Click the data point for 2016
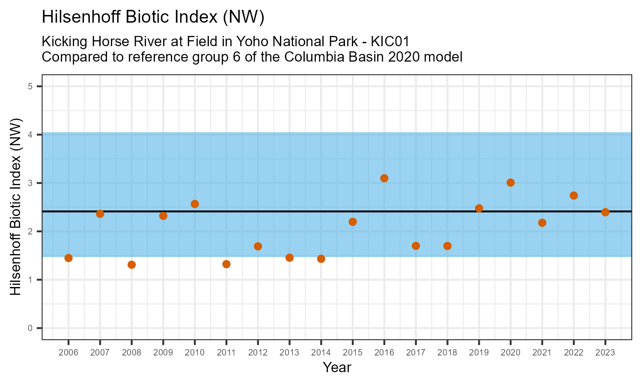(384, 178)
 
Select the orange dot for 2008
(131, 264)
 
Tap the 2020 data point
(510, 183)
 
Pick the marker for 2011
(226, 264)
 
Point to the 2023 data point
(605, 212)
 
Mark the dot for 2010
(195, 204)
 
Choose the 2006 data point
(68, 258)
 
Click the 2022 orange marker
(574, 195)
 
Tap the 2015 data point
(353, 222)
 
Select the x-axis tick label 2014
(321, 353)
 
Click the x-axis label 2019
(479, 353)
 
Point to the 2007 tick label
(100, 353)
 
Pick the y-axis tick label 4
(30, 135)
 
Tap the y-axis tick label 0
(30, 328)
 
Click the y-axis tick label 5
(30, 86)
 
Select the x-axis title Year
(337, 367)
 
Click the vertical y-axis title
(15, 207)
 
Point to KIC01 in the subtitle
(390, 42)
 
